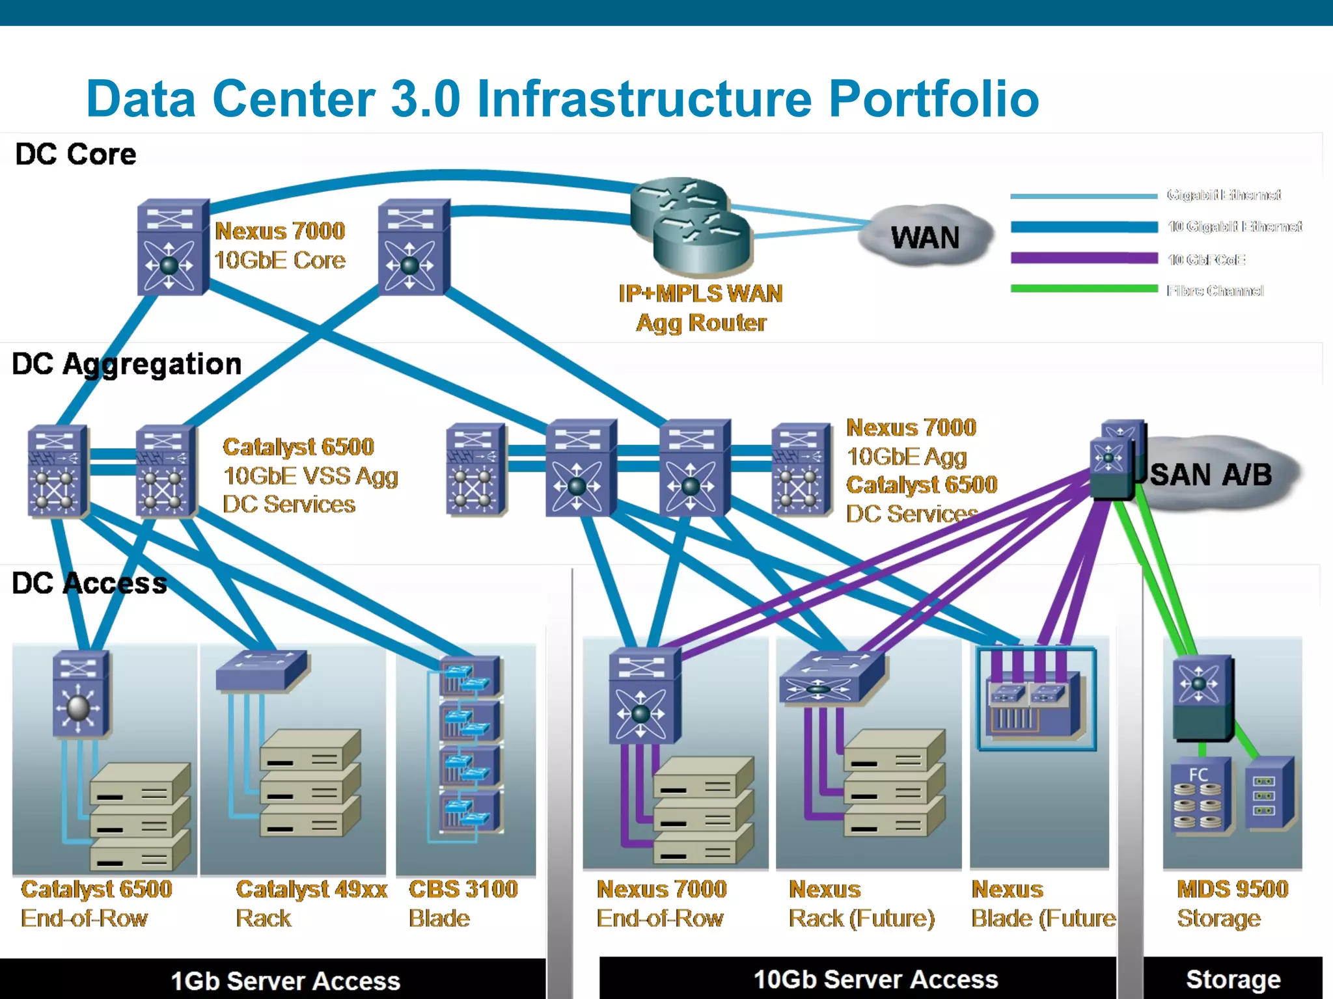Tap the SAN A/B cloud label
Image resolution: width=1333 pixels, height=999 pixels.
[1211, 475]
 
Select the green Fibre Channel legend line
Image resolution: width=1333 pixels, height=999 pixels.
[1084, 289]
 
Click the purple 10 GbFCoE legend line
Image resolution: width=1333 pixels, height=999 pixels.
[1084, 258]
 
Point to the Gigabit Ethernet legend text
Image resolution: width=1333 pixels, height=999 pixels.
[1224, 195]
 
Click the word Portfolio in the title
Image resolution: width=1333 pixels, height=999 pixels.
[933, 99]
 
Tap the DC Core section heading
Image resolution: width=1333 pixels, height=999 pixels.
[76, 155]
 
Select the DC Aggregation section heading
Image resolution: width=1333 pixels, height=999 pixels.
[127, 364]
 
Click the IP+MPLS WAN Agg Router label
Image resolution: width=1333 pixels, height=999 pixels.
[700, 308]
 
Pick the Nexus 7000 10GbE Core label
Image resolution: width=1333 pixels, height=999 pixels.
[280, 246]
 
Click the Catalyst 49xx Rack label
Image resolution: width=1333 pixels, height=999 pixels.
[311, 903]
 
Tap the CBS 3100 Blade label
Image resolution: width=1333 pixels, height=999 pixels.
[463, 903]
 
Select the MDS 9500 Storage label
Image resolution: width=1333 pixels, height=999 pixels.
[1232, 903]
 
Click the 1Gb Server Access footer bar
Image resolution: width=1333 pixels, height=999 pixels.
[285, 980]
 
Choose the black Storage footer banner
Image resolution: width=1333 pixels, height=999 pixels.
[1233, 979]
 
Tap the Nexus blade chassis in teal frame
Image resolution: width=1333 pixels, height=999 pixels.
[1036, 699]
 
